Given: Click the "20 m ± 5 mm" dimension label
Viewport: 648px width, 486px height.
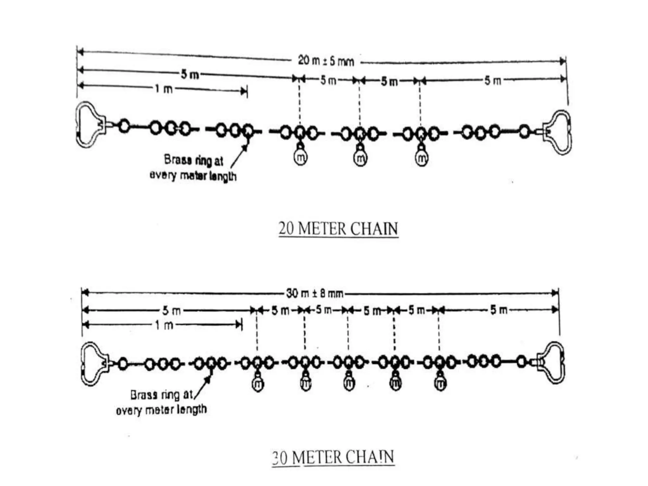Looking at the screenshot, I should pyautogui.click(x=326, y=60).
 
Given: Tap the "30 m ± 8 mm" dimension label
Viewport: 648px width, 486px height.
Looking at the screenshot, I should pyautogui.click(x=315, y=294).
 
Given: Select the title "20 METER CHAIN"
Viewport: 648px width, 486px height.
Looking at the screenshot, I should pyautogui.click(x=338, y=229).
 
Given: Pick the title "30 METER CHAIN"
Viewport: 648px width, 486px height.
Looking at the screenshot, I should pyautogui.click(x=333, y=458).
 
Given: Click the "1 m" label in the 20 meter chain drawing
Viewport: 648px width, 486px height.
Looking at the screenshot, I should pyautogui.click(x=164, y=89).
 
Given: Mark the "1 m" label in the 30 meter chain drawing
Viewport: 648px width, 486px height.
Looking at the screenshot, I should pyautogui.click(x=164, y=325).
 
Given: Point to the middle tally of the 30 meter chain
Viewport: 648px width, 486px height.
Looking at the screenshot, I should pyautogui.click(x=349, y=383).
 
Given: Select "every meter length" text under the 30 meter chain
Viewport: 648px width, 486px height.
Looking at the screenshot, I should pyautogui.click(x=161, y=410).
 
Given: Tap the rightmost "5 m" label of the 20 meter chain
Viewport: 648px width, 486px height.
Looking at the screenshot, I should pyautogui.click(x=493, y=81).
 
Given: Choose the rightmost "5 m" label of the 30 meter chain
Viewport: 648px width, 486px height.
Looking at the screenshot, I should pyautogui.click(x=499, y=310).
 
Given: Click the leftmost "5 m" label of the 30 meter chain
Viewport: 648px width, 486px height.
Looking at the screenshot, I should pyautogui.click(x=171, y=311).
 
